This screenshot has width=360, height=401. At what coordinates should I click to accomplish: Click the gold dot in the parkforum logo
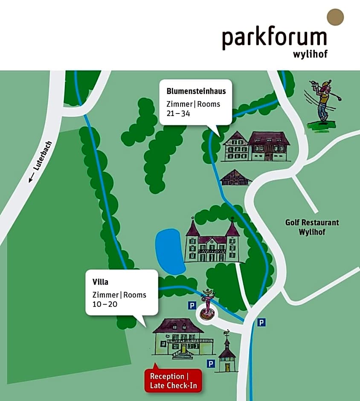click(335, 17)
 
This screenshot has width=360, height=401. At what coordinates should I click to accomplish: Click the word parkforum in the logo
click(274, 38)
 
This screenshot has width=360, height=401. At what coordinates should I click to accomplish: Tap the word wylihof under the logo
click(310, 55)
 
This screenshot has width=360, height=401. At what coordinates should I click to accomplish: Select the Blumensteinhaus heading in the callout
click(196, 91)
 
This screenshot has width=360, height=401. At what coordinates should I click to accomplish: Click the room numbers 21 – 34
click(178, 113)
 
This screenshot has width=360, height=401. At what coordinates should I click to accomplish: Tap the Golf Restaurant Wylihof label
click(312, 227)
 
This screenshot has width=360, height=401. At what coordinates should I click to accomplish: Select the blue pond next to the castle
click(169, 252)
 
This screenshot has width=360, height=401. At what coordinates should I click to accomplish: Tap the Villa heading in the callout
click(100, 282)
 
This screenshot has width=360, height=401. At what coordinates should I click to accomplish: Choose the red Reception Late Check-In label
click(173, 381)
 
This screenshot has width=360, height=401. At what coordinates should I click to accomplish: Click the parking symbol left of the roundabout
click(192, 305)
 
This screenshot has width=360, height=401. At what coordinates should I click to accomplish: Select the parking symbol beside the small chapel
click(210, 363)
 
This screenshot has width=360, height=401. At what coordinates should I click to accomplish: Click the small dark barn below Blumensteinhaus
click(235, 178)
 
